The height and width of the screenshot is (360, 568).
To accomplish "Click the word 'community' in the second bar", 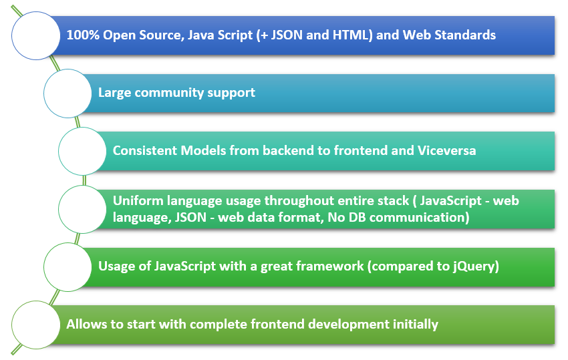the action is click(x=169, y=93).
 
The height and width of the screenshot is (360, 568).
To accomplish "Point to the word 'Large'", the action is click(x=114, y=94).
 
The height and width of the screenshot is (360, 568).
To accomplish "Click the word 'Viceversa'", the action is click(x=446, y=151).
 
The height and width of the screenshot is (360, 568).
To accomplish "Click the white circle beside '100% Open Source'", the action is click(x=36, y=35).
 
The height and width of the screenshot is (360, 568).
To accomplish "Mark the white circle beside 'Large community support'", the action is click(x=67, y=94).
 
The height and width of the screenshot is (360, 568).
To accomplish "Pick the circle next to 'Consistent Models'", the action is click(x=82, y=152).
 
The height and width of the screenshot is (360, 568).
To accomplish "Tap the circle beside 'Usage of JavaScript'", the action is click(x=67, y=267).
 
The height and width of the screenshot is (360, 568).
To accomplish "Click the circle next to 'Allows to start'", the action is click(x=36, y=325).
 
